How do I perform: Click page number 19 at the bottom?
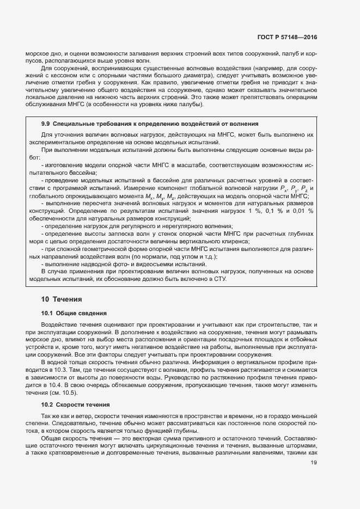click(314, 463)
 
